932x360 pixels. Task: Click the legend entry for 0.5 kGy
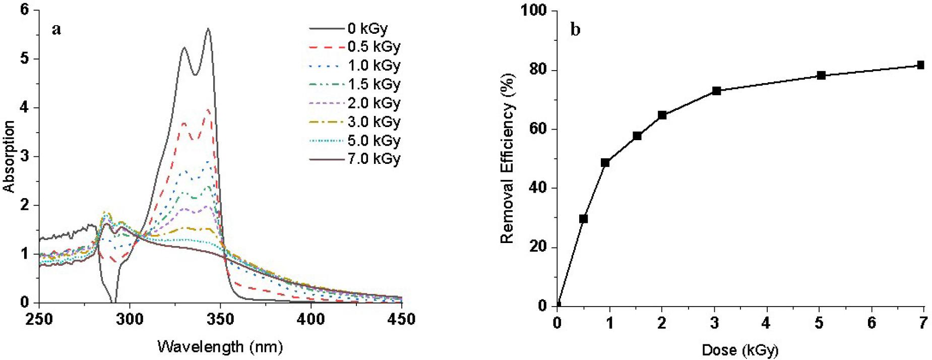tap(374, 47)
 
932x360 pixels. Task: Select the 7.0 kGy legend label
tap(374, 159)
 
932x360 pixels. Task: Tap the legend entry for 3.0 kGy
tap(374, 122)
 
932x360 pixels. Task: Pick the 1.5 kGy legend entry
tap(374, 84)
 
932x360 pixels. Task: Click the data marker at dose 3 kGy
tap(716, 91)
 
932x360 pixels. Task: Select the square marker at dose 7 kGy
tap(920, 65)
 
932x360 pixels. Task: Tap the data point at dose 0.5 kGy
tap(583, 219)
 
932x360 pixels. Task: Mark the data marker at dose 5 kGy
tap(821, 76)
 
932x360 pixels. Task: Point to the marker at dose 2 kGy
tap(662, 115)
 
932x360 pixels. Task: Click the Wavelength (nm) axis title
tap(220, 347)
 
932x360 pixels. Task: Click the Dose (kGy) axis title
tap(740, 350)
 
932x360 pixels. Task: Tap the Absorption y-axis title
tap(9, 156)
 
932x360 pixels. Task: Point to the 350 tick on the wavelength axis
tap(220, 320)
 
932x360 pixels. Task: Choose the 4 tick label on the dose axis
tap(767, 323)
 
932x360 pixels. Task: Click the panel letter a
tap(56, 30)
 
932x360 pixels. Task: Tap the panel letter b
tap(575, 30)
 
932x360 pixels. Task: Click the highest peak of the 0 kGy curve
tap(208, 29)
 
